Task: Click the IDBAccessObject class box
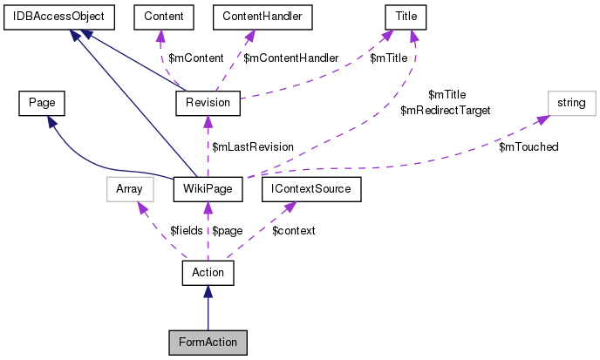(54, 16)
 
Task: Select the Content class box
(162, 16)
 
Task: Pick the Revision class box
(208, 103)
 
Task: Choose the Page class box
(37, 103)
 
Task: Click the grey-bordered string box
(572, 103)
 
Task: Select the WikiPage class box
(208, 187)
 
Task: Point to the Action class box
(208, 273)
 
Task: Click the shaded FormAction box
(208, 342)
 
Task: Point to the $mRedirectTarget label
(445, 111)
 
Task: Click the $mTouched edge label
(528, 146)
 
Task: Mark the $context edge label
(293, 231)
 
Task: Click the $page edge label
(227, 231)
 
